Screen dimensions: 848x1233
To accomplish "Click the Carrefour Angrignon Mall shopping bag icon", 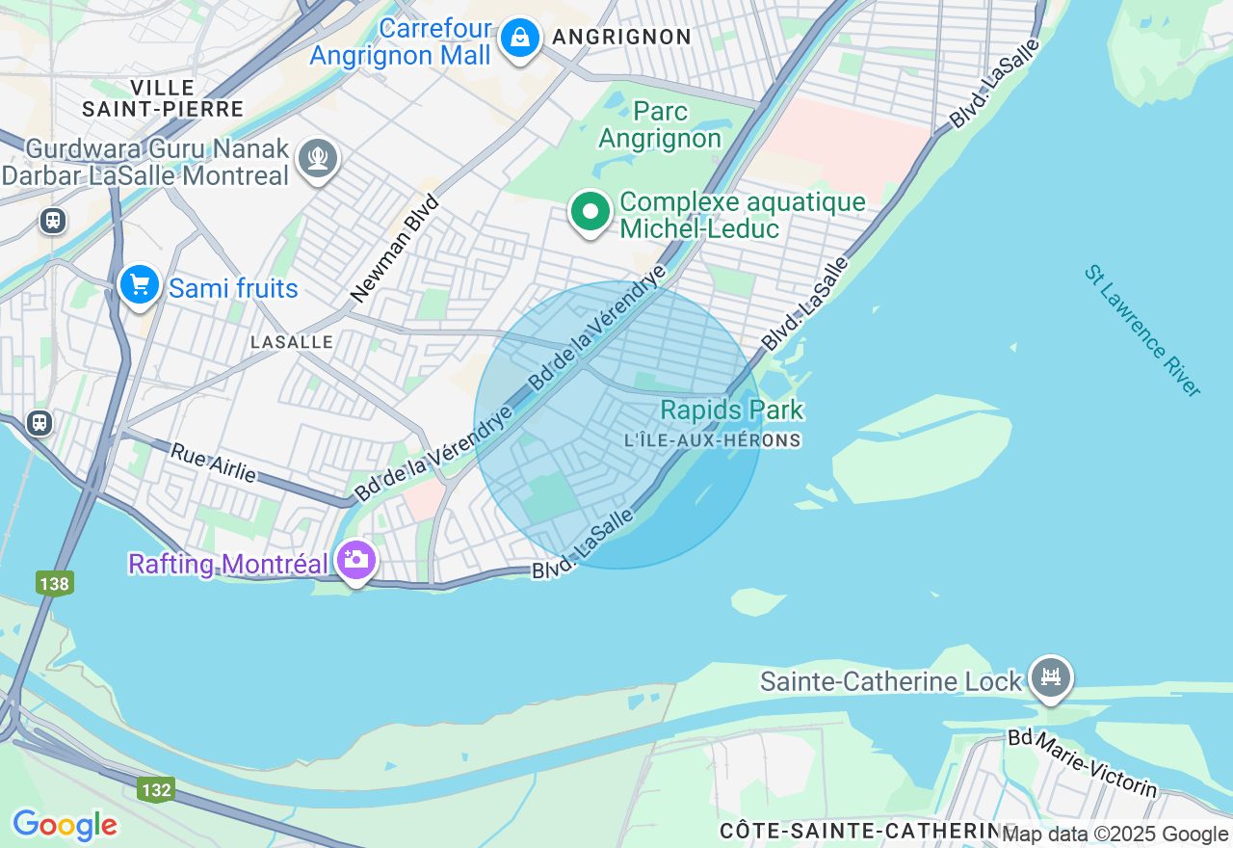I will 520,40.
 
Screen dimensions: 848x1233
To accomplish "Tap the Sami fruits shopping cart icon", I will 140,285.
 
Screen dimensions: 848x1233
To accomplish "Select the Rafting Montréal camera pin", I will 355,560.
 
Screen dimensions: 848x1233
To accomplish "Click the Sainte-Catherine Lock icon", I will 1050,678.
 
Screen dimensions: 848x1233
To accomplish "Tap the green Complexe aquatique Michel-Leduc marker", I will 590,211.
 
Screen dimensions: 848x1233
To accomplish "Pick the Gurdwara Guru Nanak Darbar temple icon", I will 317,157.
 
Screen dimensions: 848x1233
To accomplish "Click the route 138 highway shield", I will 55,583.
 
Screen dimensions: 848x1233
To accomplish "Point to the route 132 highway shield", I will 155,790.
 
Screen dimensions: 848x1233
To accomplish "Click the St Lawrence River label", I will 1142,331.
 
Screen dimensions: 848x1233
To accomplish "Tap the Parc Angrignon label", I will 660,125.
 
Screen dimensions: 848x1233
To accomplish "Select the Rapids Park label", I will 732,411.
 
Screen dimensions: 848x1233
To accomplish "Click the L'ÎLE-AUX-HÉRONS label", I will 713,440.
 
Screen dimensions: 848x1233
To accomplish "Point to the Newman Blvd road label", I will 396,248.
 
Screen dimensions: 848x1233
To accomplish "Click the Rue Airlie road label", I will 214,463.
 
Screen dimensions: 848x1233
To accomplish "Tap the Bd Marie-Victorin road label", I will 1083,764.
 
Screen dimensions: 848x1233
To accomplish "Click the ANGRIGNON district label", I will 621,38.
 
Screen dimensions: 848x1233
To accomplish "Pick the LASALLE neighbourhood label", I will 291,342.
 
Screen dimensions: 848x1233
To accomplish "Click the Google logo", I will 65,825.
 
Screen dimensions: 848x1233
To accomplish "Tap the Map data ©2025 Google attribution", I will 1115,835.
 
